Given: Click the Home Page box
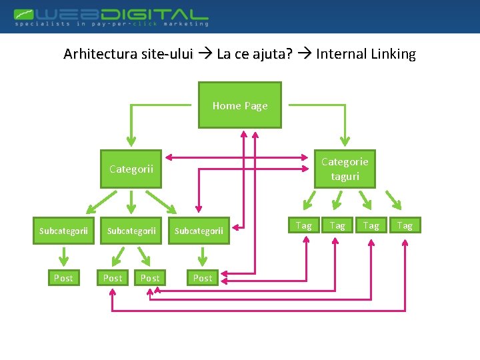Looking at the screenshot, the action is click(x=240, y=105).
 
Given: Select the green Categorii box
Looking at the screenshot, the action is click(x=131, y=169).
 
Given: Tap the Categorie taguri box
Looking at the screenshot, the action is click(x=345, y=169).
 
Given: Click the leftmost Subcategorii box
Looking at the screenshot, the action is click(x=63, y=231).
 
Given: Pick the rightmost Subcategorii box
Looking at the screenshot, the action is click(x=199, y=231).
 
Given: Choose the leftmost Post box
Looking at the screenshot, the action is click(x=63, y=277).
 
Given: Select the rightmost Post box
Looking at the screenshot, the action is click(x=203, y=277).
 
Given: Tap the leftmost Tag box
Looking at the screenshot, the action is click(x=304, y=225).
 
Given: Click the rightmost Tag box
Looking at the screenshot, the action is click(x=405, y=225).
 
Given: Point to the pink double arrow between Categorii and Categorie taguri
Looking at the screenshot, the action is click(x=239, y=158).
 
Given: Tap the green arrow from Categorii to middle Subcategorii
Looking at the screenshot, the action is click(x=131, y=201).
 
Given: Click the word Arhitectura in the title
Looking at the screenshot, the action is click(x=100, y=54).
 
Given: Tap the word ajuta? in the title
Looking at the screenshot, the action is click(x=273, y=54).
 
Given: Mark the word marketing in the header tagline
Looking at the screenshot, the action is click(x=183, y=24).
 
